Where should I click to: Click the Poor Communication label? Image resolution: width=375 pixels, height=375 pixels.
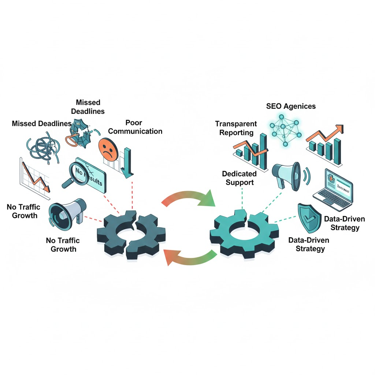click(x=135, y=127)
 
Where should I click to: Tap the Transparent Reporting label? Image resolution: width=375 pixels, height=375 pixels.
click(x=236, y=128)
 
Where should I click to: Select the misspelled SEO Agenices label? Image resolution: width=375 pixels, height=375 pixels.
click(x=291, y=106)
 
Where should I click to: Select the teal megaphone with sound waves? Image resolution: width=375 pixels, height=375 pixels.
click(x=287, y=175)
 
